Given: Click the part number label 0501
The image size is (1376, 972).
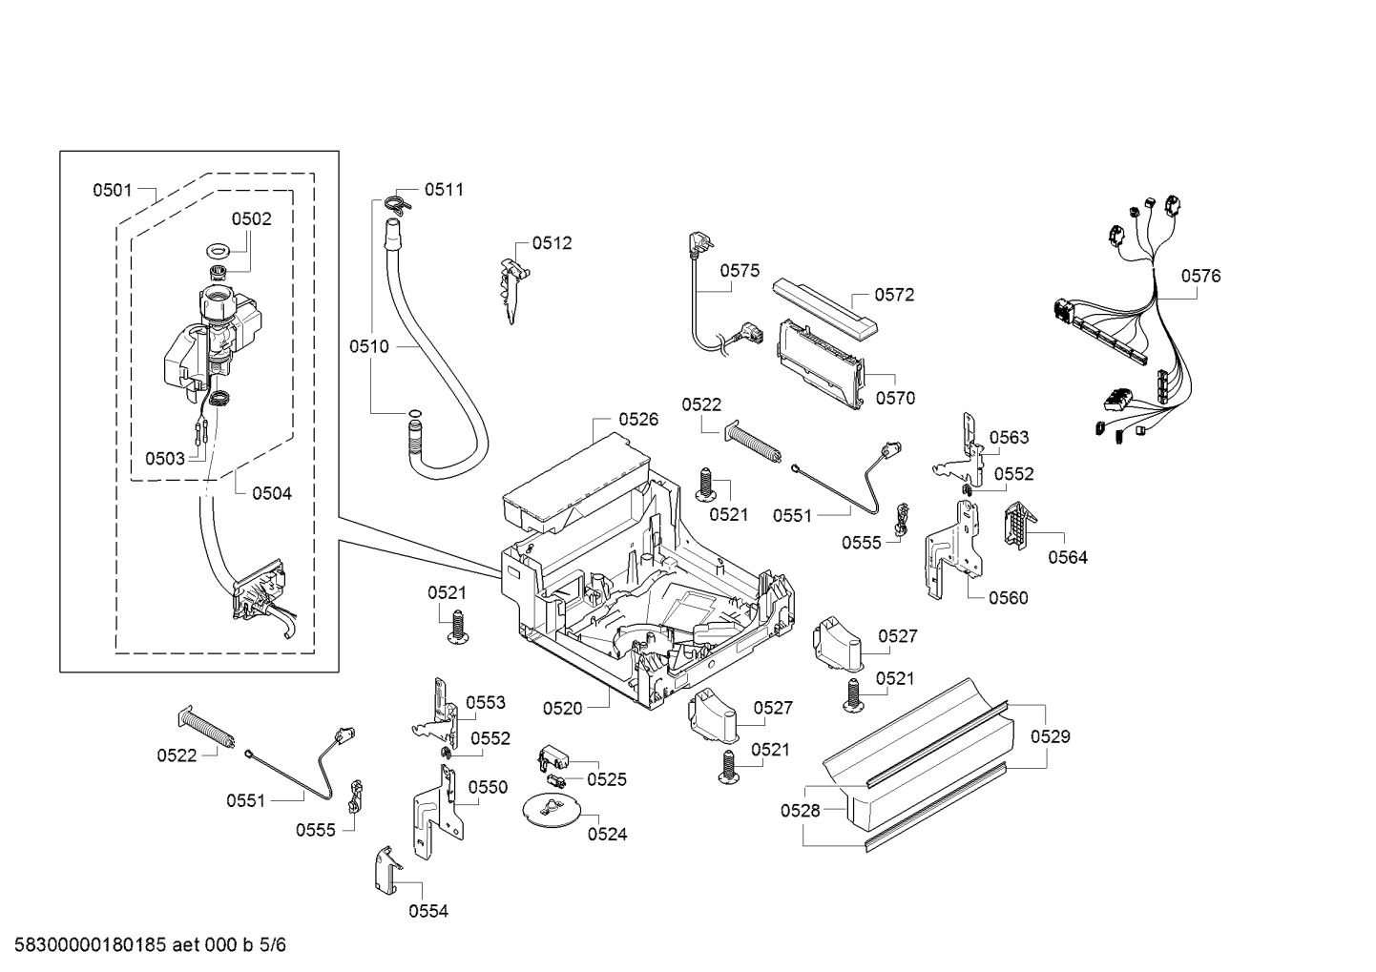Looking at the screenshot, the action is (113, 191).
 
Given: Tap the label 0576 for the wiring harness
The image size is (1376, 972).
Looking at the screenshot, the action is (1200, 276).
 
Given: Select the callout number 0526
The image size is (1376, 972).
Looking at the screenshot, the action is (638, 420).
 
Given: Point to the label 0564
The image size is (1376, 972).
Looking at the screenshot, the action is (1068, 557).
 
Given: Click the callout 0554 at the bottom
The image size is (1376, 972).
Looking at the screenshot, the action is (428, 911).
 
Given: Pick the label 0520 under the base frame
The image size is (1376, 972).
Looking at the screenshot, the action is (562, 709).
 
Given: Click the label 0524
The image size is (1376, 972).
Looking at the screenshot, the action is (607, 834).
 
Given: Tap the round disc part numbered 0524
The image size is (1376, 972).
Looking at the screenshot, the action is (551, 809).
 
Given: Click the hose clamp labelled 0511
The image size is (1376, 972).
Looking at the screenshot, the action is (399, 203).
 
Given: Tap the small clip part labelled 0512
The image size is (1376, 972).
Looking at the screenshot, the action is (513, 289).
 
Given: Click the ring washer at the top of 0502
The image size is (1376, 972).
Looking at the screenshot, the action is (218, 251).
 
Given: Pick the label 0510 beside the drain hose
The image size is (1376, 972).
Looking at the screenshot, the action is (368, 346).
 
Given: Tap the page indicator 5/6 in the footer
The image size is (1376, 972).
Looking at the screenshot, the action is (273, 945).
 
